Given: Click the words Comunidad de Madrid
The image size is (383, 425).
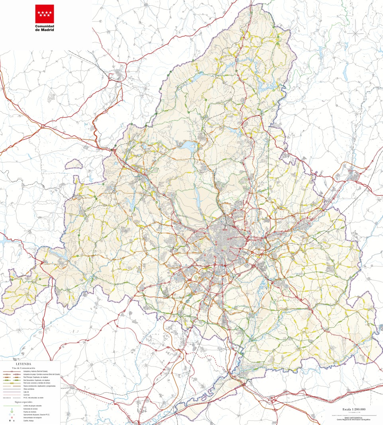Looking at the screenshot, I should click(44, 27).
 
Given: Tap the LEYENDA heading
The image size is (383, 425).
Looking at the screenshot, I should click(24, 364).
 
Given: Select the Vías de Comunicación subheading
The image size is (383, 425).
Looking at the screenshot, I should click(24, 368).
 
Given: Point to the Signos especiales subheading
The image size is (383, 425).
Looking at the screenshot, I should click(24, 402).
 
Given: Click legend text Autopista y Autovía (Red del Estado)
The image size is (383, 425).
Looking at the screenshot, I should click(35, 371).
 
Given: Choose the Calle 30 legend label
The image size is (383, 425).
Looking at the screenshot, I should click(26, 392).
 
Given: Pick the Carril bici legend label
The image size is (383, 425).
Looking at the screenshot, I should click(27, 395).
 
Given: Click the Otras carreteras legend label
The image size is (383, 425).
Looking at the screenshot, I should click(29, 389).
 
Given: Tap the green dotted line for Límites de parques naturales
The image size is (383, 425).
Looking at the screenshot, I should click(12, 406).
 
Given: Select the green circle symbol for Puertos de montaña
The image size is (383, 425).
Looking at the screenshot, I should click(12, 411).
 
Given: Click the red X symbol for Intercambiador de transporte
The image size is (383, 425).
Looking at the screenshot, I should click(12, 417).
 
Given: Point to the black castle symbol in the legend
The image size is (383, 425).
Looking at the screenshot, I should click(10, 421).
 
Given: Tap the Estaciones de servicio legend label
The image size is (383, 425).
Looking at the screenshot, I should click(30, 409).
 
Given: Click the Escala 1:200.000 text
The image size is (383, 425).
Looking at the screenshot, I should click(354, 409).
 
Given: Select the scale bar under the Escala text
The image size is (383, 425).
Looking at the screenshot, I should click(354, 415).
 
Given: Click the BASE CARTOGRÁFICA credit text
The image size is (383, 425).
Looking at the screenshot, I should click(354, 418).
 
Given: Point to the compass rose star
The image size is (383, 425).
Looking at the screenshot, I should click(354, 33).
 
